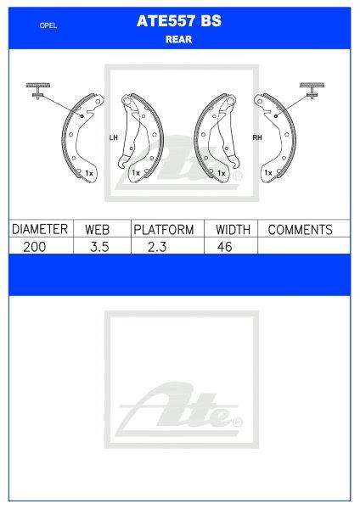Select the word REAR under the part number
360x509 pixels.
click(179, 38)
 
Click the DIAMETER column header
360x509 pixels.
click(38, 229)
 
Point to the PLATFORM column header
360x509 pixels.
click(164, 229)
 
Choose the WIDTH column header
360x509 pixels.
click(232, 229)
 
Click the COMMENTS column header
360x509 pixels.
click(300, 229)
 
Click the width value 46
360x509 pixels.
click(223, 246)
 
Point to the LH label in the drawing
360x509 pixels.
click(113, 137)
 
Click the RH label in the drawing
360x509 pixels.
click(255, 137)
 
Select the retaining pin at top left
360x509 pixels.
click(38, 89)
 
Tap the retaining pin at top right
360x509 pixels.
click(312, 89)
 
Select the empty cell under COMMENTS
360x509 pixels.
click(304, 246)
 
